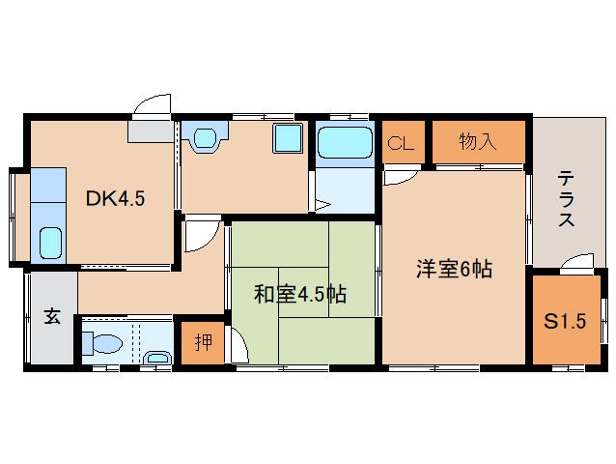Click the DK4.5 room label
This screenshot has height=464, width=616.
tap(115, 199)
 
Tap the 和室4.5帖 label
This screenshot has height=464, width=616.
tap(300, 294)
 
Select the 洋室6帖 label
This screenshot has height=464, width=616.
tap(454, 271)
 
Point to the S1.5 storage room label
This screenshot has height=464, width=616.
tap(564, 322)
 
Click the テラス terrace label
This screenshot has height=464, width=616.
tap(566, 200)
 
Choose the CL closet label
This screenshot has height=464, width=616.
tap(401, 144)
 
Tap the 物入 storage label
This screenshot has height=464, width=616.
tap(478, 142)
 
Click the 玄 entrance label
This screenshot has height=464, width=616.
tap(51, 317)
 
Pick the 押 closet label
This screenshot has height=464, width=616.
tap(203, 341)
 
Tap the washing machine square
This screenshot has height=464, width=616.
tap(287, 137)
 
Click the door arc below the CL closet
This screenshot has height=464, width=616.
tap(396, 177)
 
